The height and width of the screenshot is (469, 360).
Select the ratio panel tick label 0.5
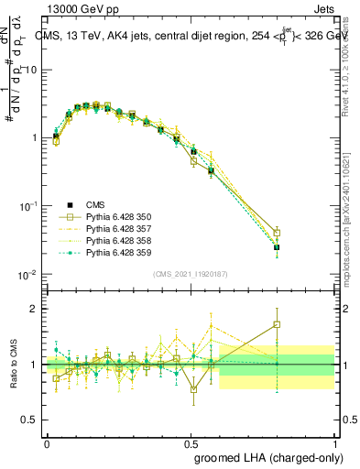[x=29, y=420]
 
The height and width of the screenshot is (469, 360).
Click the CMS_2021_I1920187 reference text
[x=190, y=274]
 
